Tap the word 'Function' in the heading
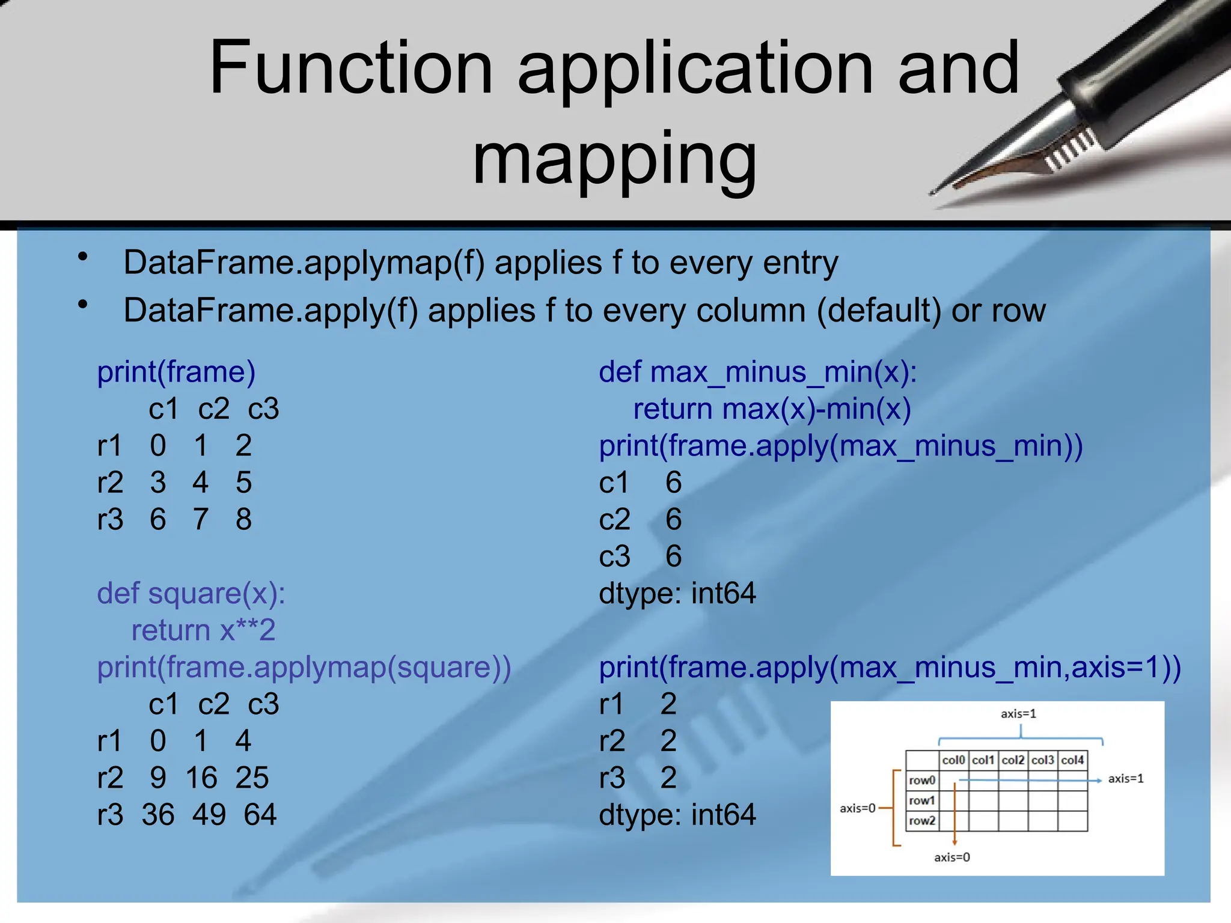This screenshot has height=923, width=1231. click(x=351, y=67)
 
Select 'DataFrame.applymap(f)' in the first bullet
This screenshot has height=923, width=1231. click(x=304, y=263)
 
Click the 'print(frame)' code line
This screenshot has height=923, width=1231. click(x=176, y=372)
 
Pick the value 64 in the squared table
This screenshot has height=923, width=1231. click(x=260, y=815)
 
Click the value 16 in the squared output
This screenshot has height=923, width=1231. click(x=201, y=778)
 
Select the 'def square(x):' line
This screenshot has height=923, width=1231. click(x=191, y=594)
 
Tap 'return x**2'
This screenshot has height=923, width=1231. click(x=203, y=630)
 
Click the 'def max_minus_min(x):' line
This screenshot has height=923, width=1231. click(x=757, y=372)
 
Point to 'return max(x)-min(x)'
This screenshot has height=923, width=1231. click(x=772, y=409)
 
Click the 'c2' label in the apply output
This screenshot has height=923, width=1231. click(x=614, y=520)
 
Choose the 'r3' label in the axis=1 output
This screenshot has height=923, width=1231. click(x=612, y=778)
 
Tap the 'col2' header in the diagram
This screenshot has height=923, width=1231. click(x=1013, y=760)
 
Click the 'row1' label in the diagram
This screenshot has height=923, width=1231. click(x=921, y=800)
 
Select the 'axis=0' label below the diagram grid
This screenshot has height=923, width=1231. click(x=952, y=858)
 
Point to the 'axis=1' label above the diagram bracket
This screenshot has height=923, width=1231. click(x=1018, y=714)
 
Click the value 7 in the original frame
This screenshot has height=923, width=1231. click(x=200, y=520)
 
